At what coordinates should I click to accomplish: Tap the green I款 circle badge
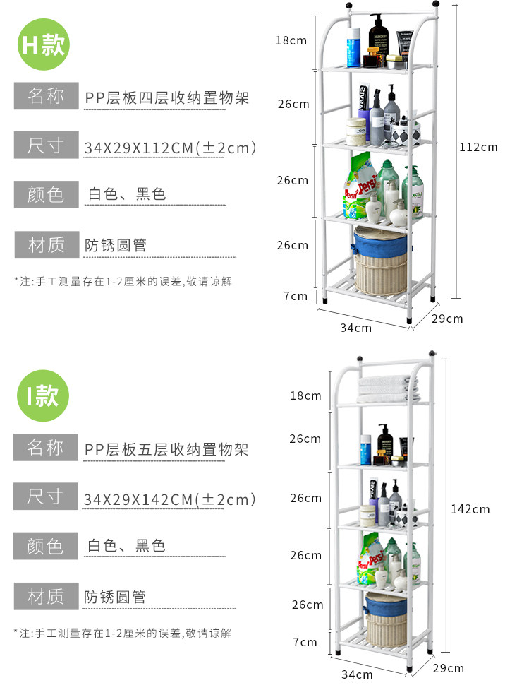[x=43, y=395]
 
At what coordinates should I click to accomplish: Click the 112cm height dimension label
[x=478, y=147]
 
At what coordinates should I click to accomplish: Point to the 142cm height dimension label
[x=470, y=509]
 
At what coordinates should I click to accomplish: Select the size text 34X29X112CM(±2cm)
[x=169, y=148]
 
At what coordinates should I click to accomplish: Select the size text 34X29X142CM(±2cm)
[x=169, y=499]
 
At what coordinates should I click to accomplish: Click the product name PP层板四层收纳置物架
[x=167, y=97]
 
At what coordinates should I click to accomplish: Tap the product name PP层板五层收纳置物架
[x=166, y=449]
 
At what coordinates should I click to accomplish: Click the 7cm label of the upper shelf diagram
[x=296, y=296]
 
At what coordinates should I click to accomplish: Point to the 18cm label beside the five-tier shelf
[x=305, y=395]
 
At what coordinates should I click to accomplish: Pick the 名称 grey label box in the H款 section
[x=46, y=95]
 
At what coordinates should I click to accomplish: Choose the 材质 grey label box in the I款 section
[x=46, y=596]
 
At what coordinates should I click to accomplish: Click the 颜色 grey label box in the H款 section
[x=46, y=194]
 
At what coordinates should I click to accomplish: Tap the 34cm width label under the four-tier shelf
[x=355, y=327]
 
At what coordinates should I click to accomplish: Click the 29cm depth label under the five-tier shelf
[x=447, y=668]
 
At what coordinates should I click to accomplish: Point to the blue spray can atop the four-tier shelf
[x=353, y=48]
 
